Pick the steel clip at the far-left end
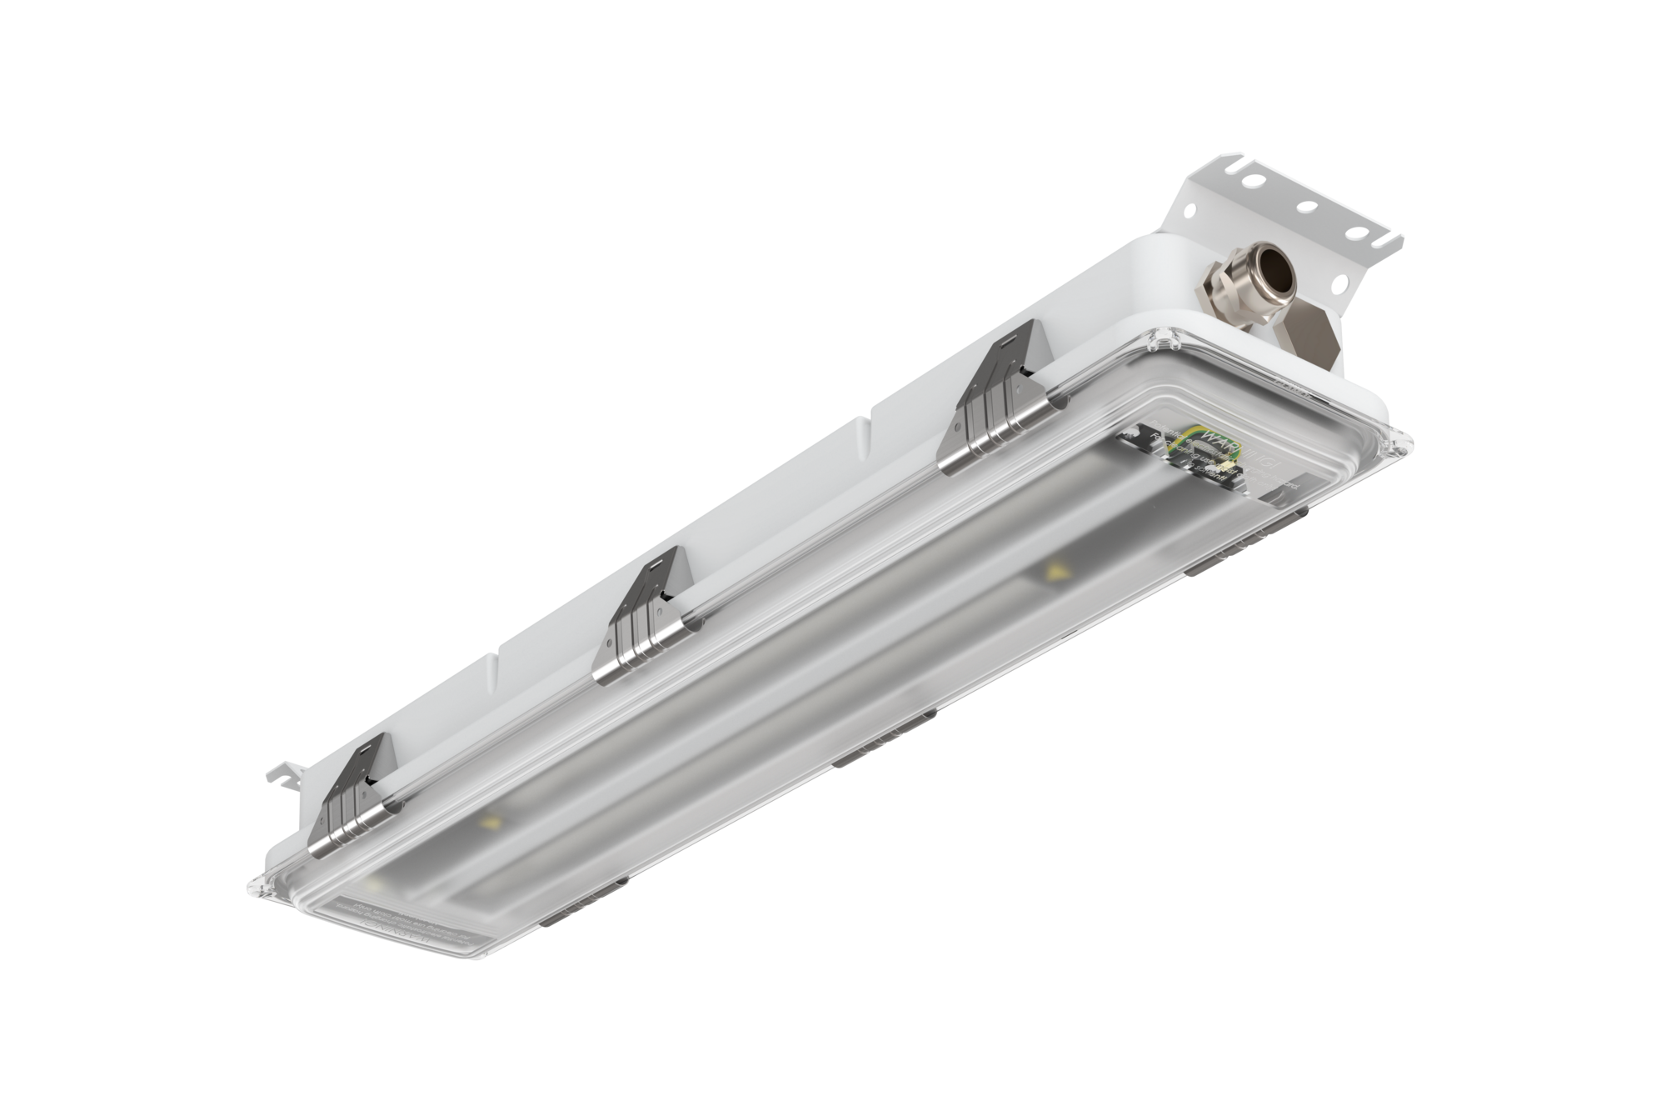click(350, 798)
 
